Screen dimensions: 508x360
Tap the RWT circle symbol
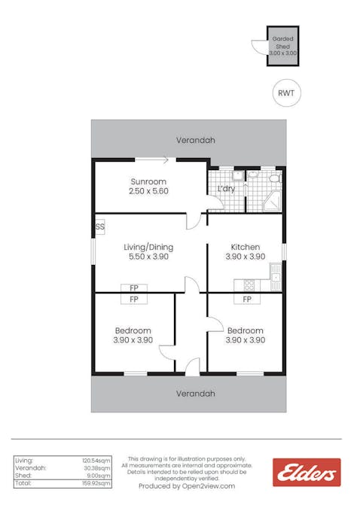pos(285,93)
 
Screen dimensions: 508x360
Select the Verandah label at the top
pos(195,140)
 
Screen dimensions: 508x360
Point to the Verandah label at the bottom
pos(195,394)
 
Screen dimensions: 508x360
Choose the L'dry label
pos(226,189)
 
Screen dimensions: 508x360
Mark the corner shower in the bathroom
pos(272,200)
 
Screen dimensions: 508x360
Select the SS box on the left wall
pos(99,227)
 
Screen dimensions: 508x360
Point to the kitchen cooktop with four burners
pos(246,284)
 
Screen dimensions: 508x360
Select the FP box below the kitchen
pos(246,299)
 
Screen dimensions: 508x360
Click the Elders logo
pos(306,473)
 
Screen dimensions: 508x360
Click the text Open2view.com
pos(206,486)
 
